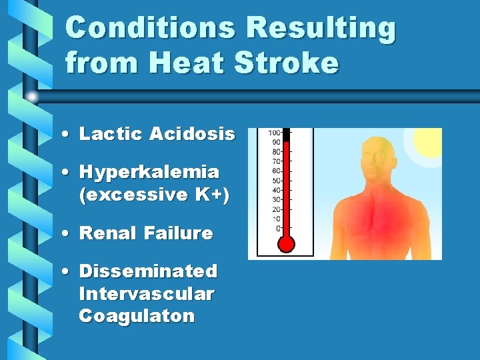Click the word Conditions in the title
150,29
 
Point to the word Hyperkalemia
149,172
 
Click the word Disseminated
148,271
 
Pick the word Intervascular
147,293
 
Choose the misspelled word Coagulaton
137,315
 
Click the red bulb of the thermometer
286,244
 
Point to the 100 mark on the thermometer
274,133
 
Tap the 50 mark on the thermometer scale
275,181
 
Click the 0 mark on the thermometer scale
278,228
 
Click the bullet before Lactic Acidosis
69,135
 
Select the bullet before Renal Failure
69,234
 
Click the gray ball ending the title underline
32,97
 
